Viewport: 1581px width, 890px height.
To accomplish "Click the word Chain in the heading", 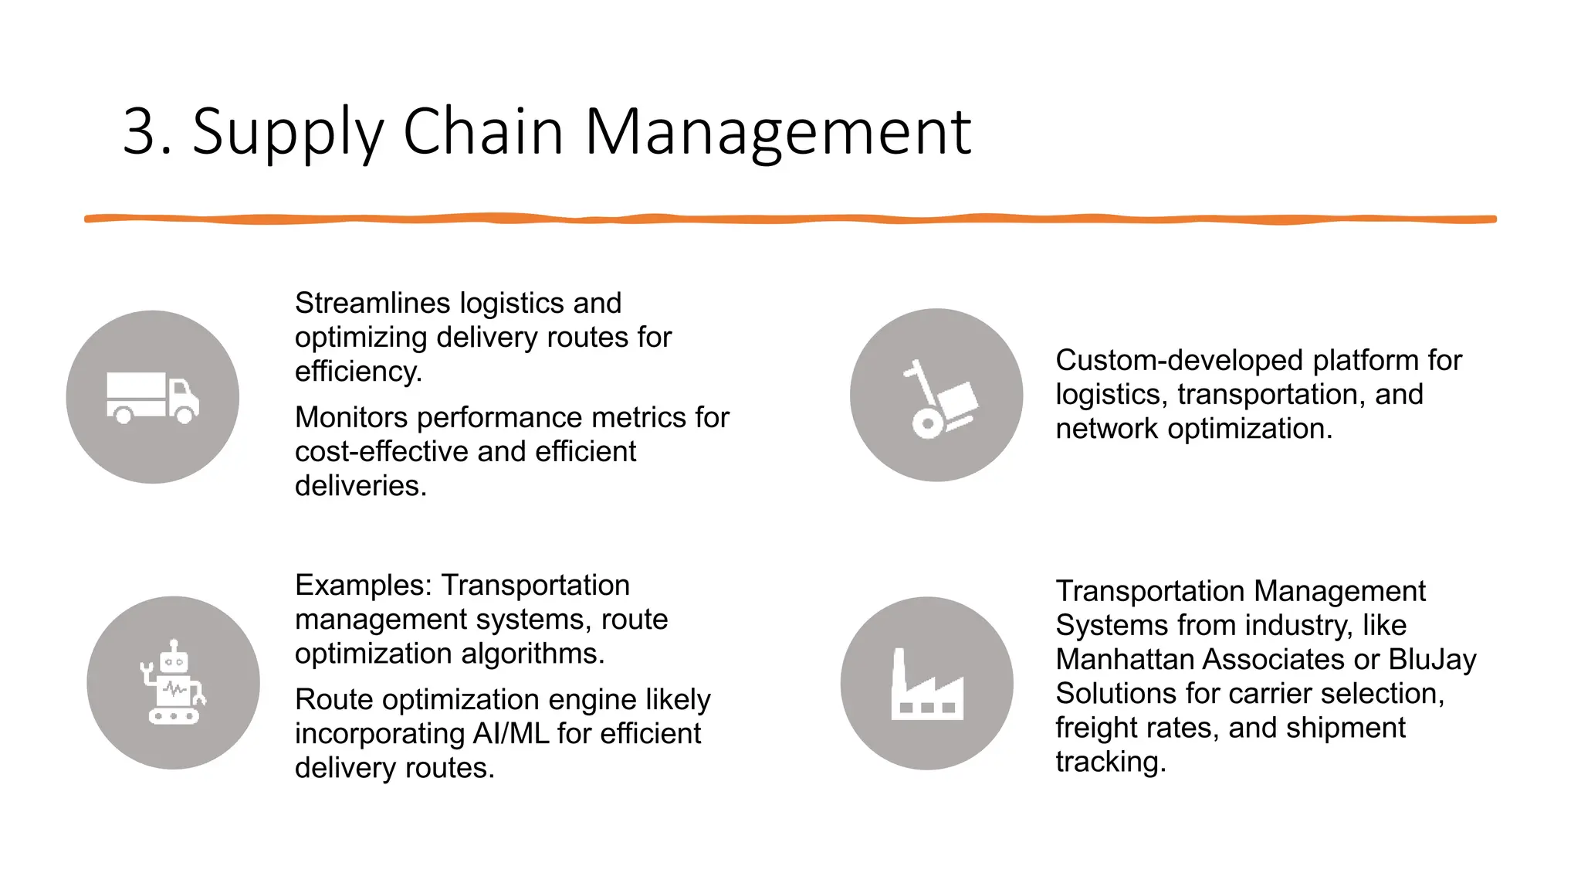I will [482, 132].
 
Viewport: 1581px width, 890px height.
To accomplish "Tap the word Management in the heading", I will [777, 132].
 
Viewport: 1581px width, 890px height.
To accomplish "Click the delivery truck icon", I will [153, 397].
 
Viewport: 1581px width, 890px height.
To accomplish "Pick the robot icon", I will [174, 682].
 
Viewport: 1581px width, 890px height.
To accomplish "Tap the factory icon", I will [926, 684].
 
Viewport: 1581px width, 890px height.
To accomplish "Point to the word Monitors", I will [351, 417].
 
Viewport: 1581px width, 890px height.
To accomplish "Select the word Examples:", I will [363, 585].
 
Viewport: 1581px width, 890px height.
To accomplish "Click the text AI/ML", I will [510, 733].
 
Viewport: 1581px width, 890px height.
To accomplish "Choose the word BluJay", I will [1431, 659].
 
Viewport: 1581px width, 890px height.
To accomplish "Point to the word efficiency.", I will [357, 372].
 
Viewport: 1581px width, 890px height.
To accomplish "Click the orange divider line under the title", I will [790, 219].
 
